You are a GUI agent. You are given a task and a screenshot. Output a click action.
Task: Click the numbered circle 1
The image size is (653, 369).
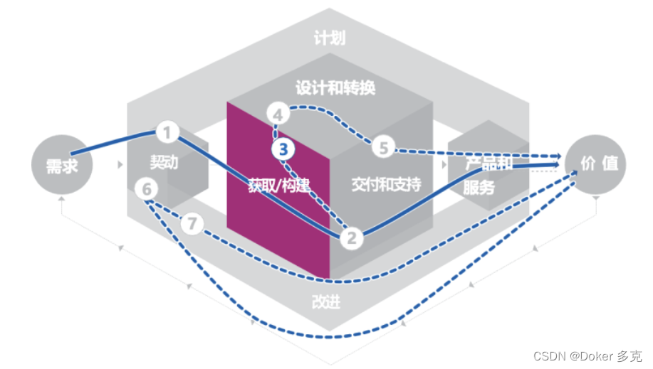167,132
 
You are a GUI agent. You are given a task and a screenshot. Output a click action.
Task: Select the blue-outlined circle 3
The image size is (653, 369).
283,149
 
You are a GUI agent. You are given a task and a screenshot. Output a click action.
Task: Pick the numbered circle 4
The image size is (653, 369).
278,113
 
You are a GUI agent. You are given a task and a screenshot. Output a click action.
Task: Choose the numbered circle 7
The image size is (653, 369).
191,223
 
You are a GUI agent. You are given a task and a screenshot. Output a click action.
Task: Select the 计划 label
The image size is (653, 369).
329,38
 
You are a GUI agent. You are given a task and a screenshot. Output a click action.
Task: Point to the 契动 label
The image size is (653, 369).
164,162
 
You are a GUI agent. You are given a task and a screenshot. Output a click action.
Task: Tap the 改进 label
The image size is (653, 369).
326,301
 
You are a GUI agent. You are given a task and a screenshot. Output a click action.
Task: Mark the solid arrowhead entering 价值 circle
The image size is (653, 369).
558,164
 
